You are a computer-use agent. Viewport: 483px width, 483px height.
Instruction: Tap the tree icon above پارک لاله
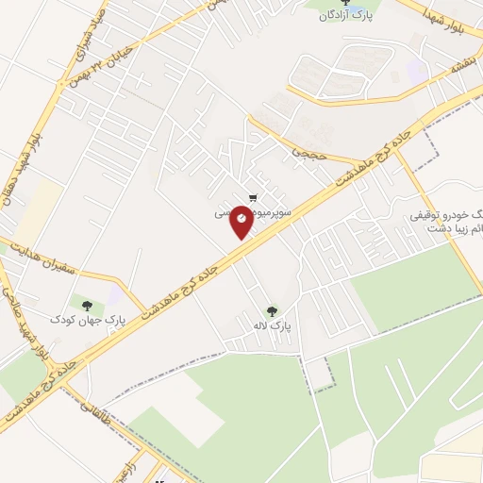[273, 309]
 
